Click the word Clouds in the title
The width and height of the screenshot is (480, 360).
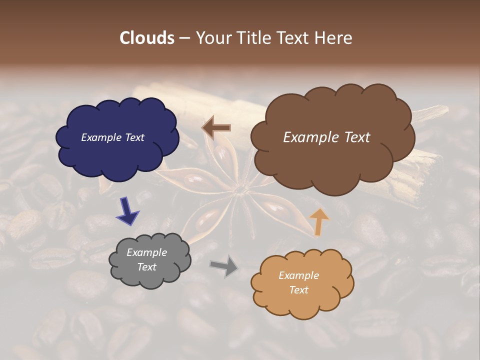pos(146,38)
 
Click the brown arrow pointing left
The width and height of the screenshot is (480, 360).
pos(216,127)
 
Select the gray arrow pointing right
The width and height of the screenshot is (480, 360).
pos(224,265)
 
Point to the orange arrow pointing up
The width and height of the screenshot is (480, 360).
pos(319,221)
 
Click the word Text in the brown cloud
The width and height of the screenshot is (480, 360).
pos(354,137)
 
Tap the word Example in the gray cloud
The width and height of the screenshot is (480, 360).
pos(147,252)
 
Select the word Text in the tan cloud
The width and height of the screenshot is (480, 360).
pos(299,290)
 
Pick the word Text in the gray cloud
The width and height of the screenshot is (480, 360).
pos(147,267)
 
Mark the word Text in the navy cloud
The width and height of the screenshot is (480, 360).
pos(134,137)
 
